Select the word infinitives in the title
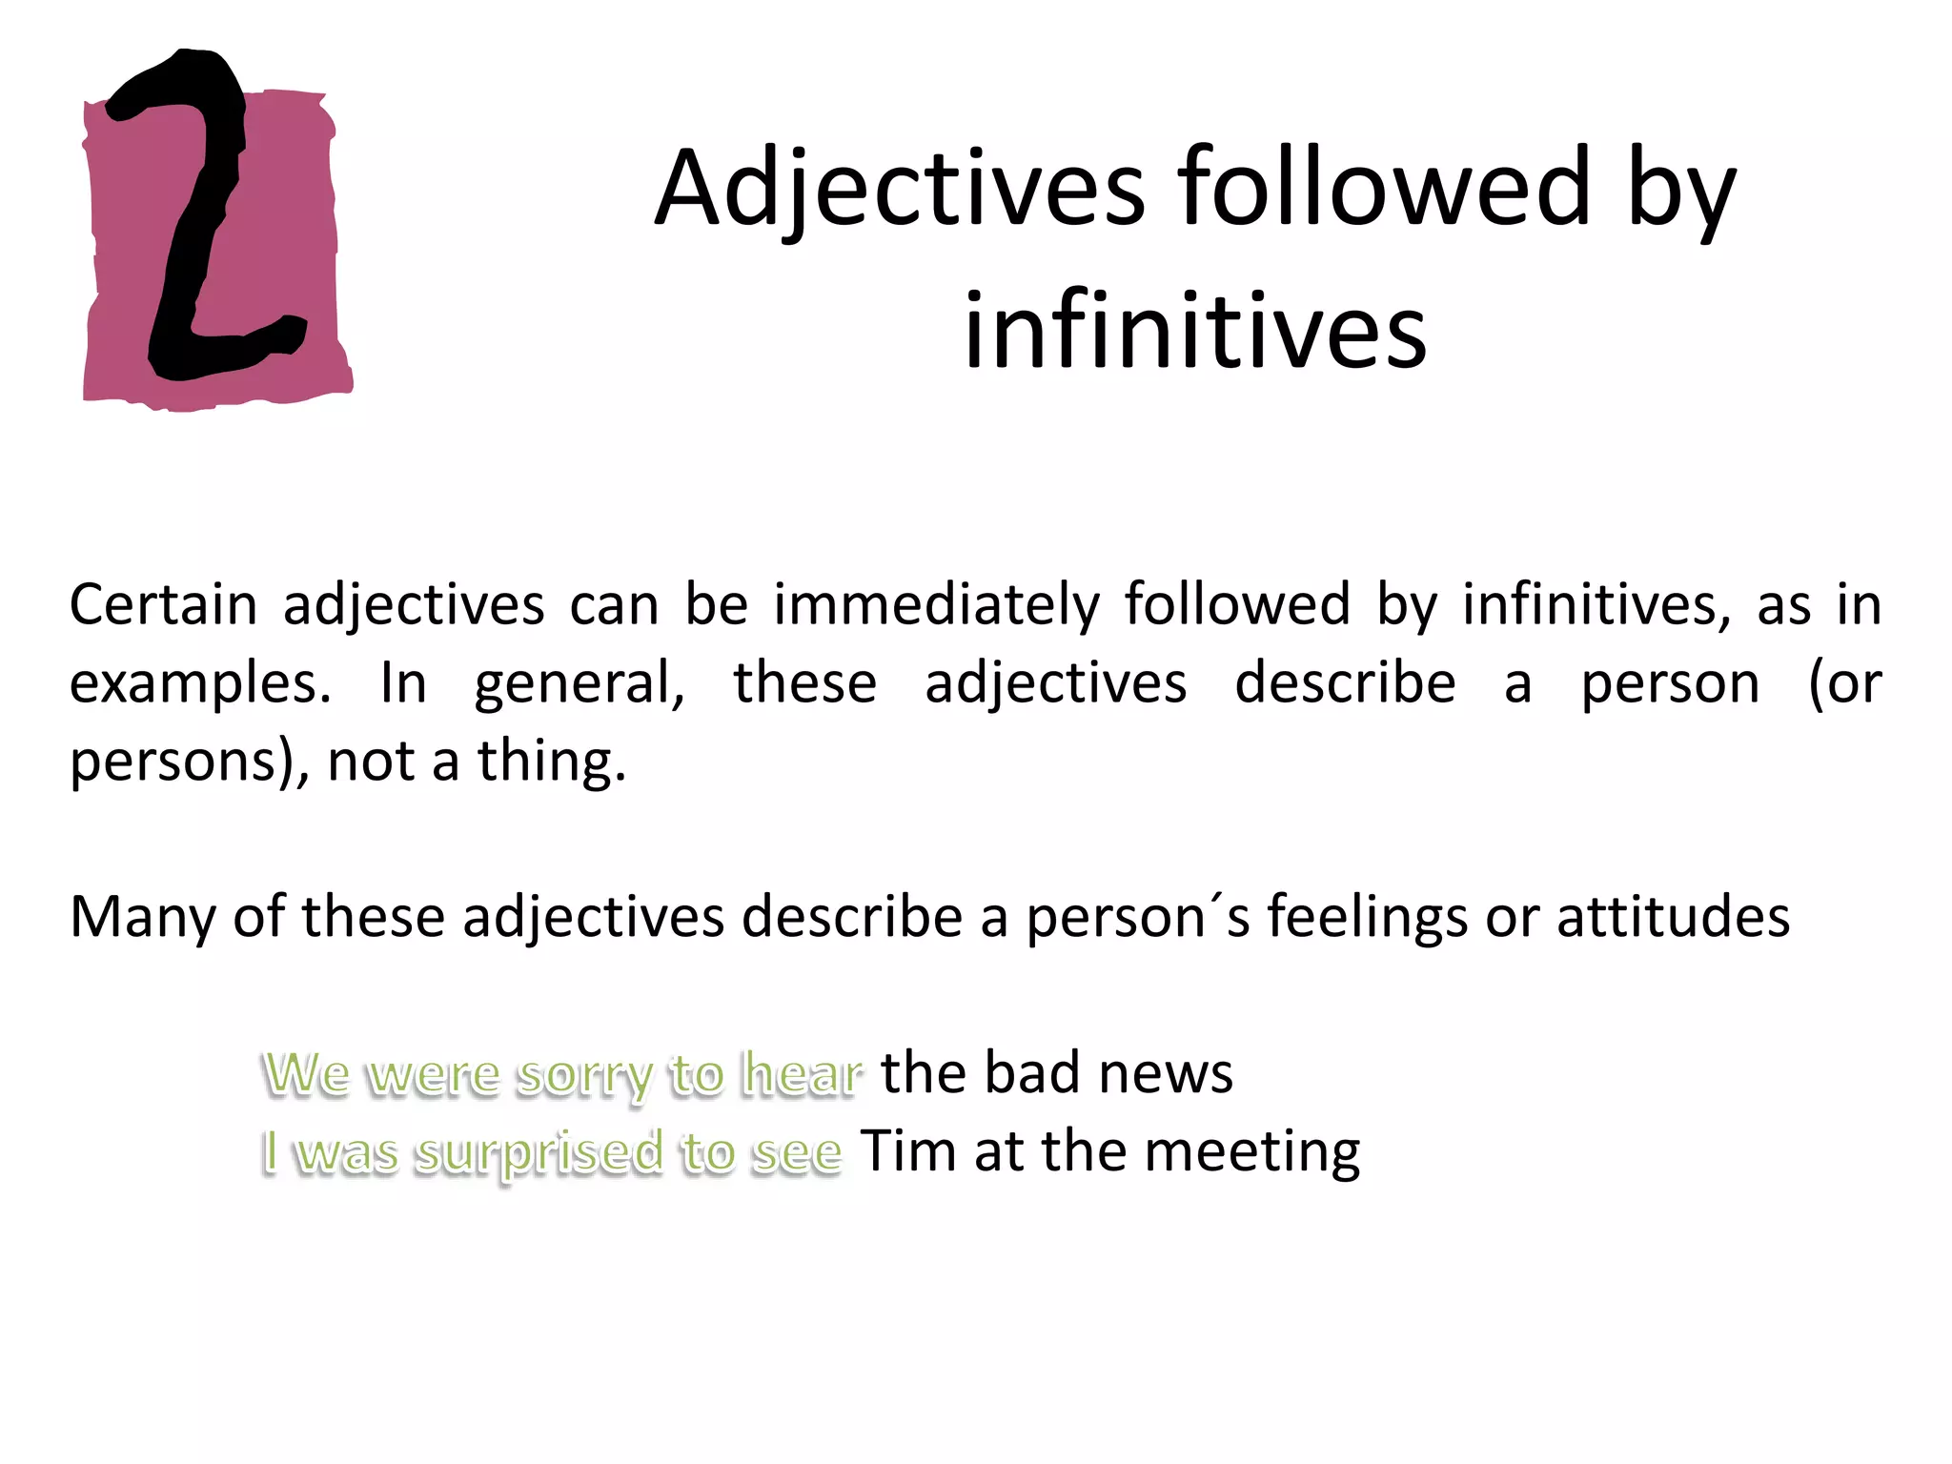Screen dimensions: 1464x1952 tap(1194, 331)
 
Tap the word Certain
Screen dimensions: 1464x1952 tap(163, 604)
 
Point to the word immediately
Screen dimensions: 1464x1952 tap(936, 604)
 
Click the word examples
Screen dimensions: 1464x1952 tap(199, 684)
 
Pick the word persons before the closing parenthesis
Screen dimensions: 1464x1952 tap(182, 762)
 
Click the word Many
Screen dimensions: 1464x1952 tap(143, 917)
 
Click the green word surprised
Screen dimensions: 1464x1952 tap(539, 1153)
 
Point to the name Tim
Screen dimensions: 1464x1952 tap(908, 1151)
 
